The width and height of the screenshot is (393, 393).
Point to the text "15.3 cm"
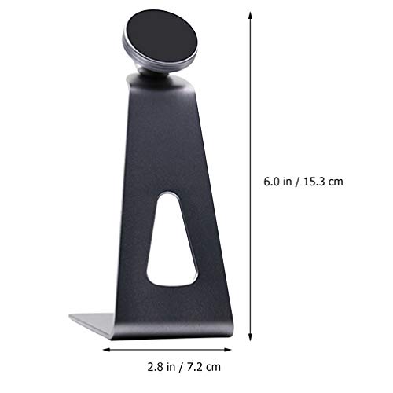tap(324, 182)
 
